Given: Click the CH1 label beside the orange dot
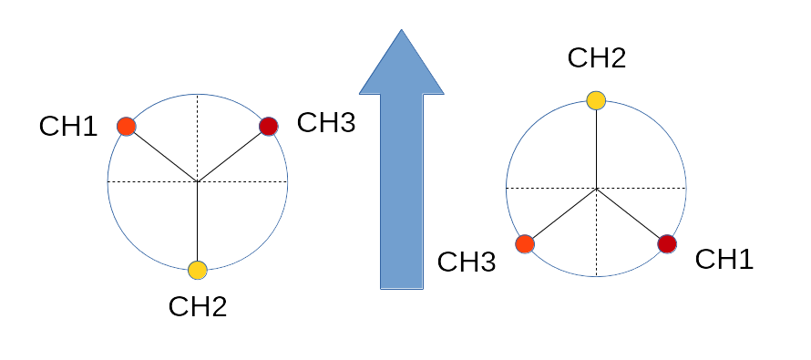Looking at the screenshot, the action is [x=68, y=126].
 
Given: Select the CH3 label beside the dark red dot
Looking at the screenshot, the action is [x=326, y=123].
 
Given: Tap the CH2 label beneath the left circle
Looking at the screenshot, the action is [x=198, y=307].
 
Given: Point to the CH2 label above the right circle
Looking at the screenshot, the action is [x=597, y=58].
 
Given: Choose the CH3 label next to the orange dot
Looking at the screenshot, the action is [x=467, y=262].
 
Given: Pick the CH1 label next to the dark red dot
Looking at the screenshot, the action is [x=724, y=259].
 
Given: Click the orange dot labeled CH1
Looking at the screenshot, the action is [x=126, y=126].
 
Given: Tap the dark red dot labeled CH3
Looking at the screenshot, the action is [x=269, y=126].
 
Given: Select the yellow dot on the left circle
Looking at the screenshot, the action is [x=198, y=270].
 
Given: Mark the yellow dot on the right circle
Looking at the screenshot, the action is [x=596, y=100].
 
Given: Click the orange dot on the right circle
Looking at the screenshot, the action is [x=525, y=244].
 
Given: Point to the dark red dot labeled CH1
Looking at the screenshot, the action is [x=667, y=244].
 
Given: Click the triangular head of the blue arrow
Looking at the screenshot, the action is [x=401, y=67].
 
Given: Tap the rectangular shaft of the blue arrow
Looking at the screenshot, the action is [x=402, y=191].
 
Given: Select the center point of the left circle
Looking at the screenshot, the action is [x=198, y=181].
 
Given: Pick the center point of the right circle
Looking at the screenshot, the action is [x=596, y=189].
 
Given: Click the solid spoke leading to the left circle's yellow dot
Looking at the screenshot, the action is [x=198, y=221].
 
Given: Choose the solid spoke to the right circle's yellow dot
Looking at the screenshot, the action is [x=596, y=149].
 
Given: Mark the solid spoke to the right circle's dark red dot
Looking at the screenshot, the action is [x=629, y=213].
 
